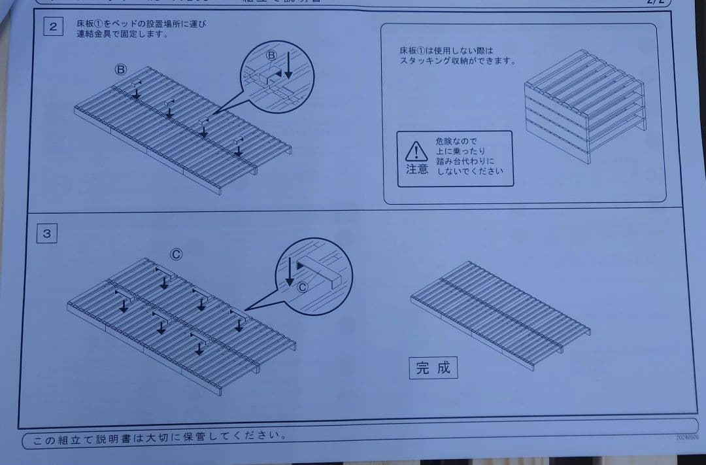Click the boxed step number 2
coord(53,27)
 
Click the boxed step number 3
coord(47,233)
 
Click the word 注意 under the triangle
coord(417,169)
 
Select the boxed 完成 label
coord(433,368)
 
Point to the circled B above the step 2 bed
coord(121,69)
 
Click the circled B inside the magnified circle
coord(272,56)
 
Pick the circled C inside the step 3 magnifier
coord(302,286)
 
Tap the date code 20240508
coord(686,437)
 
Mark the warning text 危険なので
coord(456,141)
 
